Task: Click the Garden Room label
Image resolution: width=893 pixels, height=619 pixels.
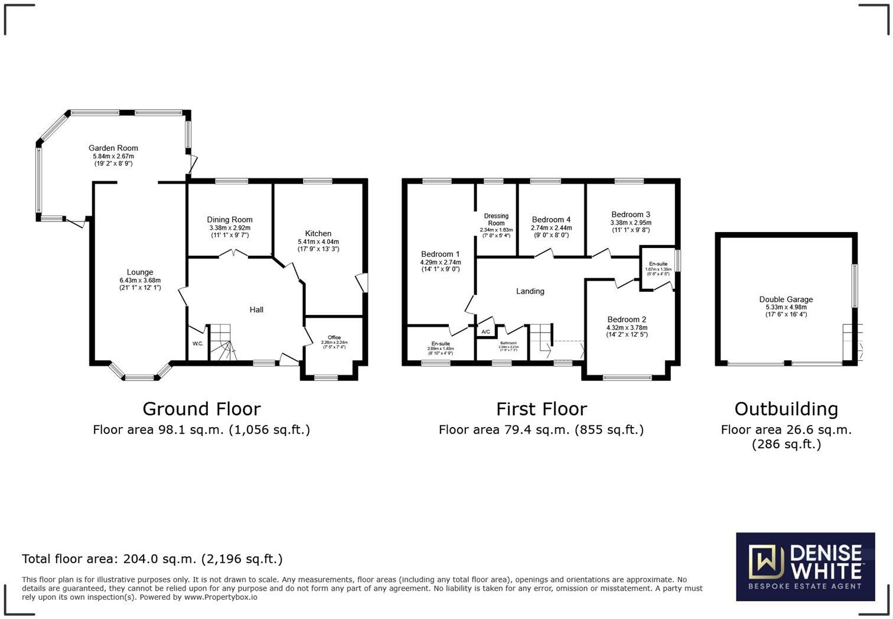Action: (113, 148)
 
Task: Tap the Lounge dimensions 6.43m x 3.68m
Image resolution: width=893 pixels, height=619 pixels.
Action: (140, 281)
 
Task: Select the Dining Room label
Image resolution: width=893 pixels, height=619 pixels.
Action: (230, 220)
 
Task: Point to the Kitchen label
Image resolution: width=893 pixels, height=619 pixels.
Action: (318, 233)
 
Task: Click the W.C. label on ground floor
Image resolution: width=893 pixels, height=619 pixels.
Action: (198, 344)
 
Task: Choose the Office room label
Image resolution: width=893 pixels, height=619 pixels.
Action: (334, 337)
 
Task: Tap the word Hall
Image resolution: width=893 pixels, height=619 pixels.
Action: (256, 309)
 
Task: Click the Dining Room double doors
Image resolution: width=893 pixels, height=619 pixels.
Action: (233, 254)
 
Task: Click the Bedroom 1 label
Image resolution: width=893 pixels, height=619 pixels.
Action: (441, 254)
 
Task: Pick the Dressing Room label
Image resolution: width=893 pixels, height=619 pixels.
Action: (496, 219)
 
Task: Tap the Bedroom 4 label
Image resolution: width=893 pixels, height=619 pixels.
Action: (551, 220)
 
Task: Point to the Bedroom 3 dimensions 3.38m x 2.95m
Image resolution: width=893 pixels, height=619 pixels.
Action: (631, 223)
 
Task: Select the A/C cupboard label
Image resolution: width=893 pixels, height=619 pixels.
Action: (486, 332)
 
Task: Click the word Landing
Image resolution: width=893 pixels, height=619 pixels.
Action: (530, 291)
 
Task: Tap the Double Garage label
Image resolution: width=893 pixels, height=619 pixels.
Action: (786, 299)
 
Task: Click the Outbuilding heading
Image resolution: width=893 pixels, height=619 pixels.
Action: (786, 409)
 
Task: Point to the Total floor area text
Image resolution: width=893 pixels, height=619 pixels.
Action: (152, 559)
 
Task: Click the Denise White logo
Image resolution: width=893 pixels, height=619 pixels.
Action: (805, 566)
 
